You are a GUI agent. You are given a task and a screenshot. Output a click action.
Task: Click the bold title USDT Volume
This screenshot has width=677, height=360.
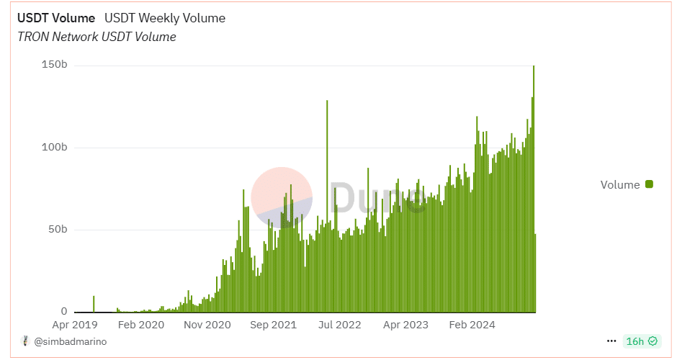coord(56,18)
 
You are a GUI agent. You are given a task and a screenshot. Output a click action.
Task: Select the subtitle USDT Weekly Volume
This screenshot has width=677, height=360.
coord(165,18)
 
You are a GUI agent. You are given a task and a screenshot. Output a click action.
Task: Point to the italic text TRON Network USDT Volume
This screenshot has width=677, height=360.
coord(97,37)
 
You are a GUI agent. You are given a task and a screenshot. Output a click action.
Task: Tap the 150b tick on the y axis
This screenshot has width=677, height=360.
coord(54,66)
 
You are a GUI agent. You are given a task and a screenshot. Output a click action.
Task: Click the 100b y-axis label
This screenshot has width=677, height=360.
coord(54,148)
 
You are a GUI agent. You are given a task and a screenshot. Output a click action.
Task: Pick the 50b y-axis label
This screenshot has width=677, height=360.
coord(57,230)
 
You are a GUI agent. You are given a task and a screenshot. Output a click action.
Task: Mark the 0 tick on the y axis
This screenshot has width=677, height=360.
coord(64,312)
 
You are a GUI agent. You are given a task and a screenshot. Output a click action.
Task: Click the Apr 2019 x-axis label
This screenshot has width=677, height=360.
coord(75,325)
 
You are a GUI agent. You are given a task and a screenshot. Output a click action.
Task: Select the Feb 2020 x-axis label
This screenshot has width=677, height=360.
coord(140,325)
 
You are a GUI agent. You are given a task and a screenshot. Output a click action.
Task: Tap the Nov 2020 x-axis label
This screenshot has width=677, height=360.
coord(207,325)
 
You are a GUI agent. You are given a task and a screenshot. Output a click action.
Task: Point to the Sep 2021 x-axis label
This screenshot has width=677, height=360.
coord(273,325)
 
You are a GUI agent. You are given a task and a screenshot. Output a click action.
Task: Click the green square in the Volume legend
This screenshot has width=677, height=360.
coord(649,184)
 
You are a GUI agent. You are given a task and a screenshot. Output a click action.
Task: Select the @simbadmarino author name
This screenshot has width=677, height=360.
coord(71,341)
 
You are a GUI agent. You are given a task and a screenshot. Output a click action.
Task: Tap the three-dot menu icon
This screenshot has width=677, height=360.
coord(611,341)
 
